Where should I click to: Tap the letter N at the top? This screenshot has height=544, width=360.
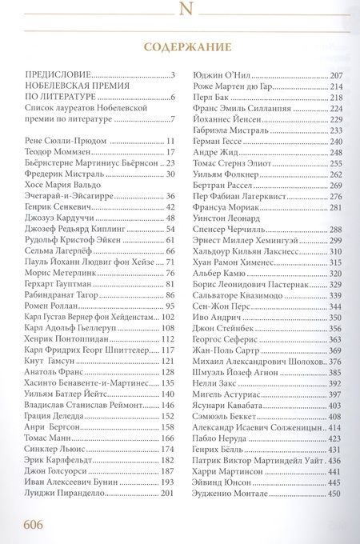coord(181,10)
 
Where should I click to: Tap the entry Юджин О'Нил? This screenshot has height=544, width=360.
coord(222,74)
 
